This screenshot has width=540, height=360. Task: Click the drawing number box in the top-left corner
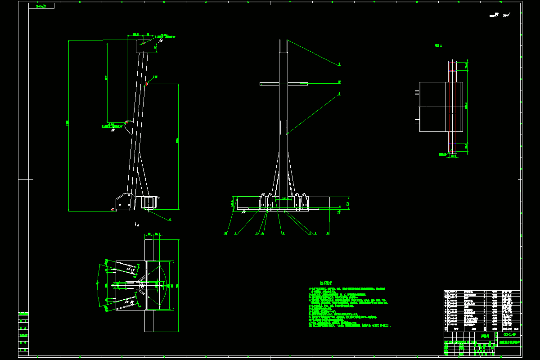pos(41,6)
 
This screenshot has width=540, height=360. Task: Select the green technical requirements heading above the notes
pos(325,283)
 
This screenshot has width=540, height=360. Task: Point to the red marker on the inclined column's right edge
pos(147,84)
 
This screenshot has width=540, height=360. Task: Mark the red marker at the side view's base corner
pos(112,209)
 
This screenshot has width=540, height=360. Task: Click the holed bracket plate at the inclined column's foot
pos(124,202)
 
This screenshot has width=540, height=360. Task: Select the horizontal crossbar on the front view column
pos(283,84)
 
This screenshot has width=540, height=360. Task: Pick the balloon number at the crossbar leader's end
pos(339,82)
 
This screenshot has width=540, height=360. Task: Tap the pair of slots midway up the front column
pos(283,127)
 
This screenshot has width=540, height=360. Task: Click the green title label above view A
pos(438,46)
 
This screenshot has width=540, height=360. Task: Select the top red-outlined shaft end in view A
pos(452,66)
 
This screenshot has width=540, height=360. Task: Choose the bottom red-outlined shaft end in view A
pos(452,147)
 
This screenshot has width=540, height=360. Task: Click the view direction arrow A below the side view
pos(137,224)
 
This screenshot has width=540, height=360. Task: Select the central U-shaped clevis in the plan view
pos(135,285)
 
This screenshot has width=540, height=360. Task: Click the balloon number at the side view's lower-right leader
pos(170,220)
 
